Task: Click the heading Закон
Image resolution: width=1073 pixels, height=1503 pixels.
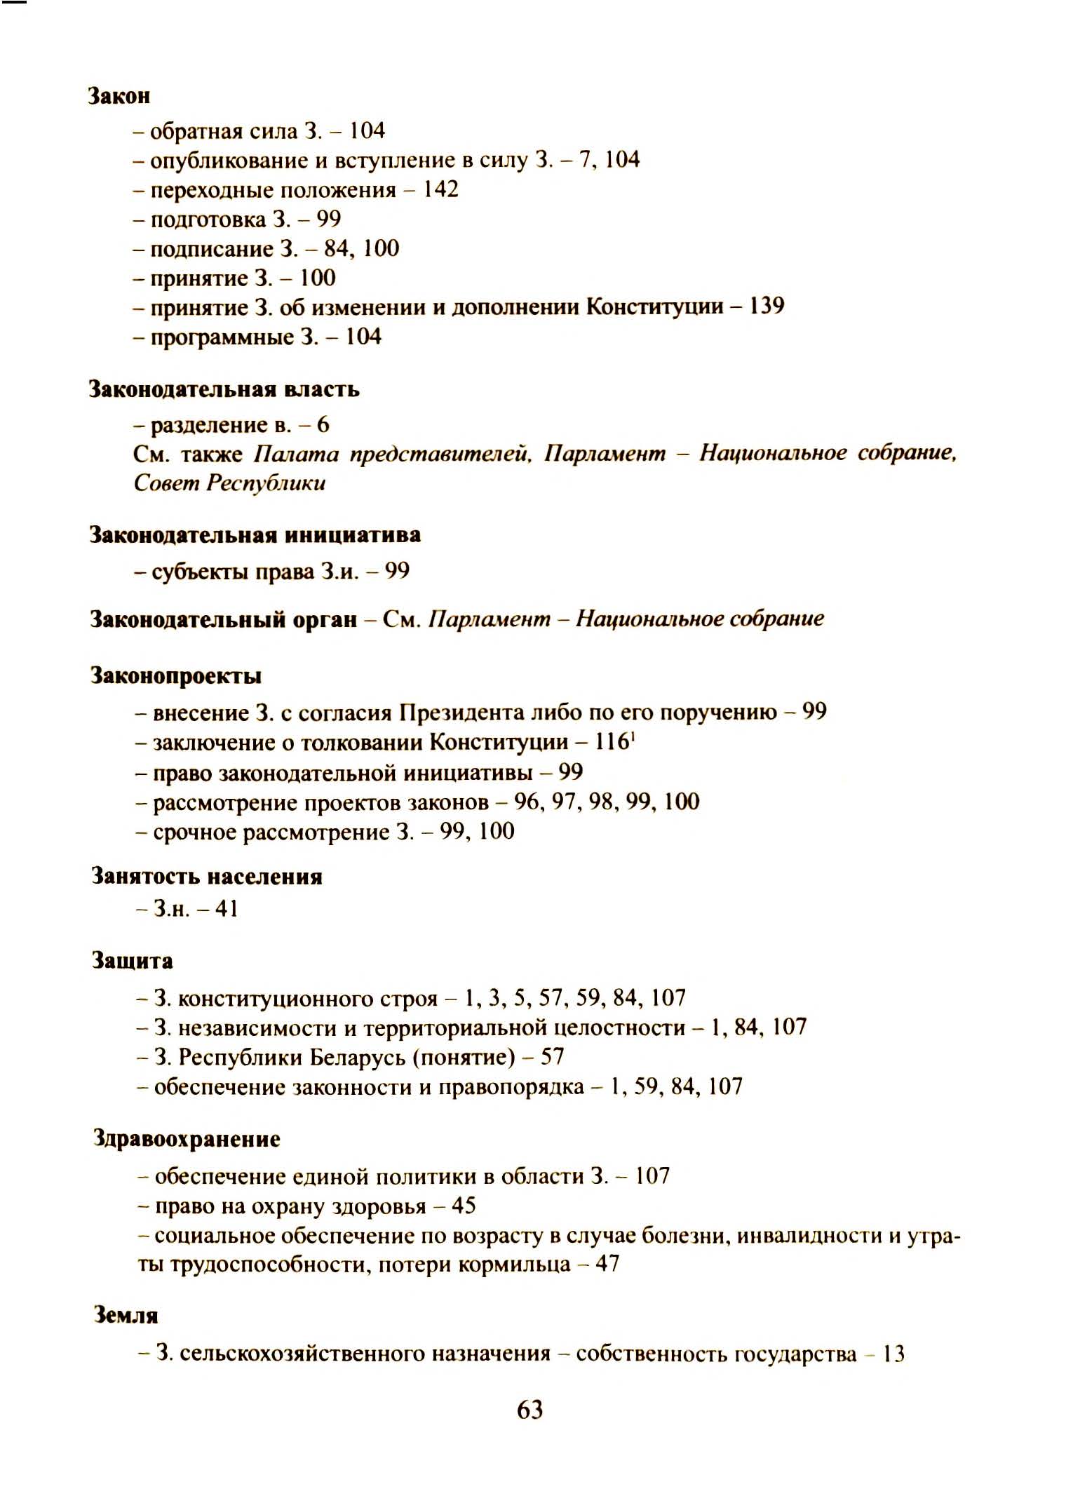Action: (119, 96)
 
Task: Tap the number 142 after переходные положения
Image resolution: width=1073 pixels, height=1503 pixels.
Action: (440, 189)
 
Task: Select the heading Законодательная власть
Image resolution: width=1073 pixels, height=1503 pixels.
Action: (224, 389)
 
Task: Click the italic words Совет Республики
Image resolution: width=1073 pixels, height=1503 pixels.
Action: (229, 483)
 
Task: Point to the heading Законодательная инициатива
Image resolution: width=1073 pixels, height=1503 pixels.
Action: (255, 535)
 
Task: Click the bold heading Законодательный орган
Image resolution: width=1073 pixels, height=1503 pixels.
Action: (224, 619)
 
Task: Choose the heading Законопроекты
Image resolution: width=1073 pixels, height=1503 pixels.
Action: (176, 676)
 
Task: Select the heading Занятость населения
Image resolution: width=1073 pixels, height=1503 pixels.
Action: (207, 877)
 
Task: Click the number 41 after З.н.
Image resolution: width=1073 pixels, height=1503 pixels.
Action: (227, 909)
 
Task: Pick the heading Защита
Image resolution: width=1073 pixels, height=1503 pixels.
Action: (133, 961)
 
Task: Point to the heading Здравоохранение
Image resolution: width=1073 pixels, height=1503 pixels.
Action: (187, 1139)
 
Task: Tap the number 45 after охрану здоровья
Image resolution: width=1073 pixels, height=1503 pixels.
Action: (464, 1206)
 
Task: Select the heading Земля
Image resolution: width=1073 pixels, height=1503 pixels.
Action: (126, 1316)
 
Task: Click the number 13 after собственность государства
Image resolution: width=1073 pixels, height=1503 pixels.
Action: (893, 1354)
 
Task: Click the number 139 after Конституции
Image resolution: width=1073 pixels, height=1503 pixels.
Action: (767, 306)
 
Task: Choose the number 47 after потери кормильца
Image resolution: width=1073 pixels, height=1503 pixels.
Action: (607, 1265)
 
